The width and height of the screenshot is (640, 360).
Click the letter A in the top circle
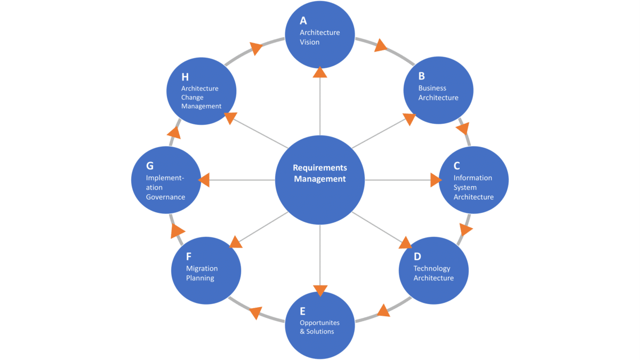click(x=303, y=21)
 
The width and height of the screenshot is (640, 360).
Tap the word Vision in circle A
click(x=309, y=42)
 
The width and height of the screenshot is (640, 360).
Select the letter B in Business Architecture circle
click(x=421, y=76)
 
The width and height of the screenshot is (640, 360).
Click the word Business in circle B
click(x=432, y=88)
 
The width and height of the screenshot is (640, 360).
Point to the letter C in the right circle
click(x=457, y=166)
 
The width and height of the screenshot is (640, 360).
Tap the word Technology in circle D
click(x=431, y=268)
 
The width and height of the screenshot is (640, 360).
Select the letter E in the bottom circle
click(x=302, y=311)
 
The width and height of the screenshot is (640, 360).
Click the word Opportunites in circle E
click(x=319, y=323)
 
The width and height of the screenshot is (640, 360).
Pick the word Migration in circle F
click(x=202, y=268)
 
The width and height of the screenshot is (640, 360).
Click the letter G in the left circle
click(x=150, y=166)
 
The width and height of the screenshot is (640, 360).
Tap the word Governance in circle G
click(x=165, y=197)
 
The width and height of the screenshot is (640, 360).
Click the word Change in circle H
click(x=192, y=98)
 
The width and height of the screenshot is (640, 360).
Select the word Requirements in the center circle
click(x=319, y=167)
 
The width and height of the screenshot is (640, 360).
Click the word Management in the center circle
click(x=319, y=179)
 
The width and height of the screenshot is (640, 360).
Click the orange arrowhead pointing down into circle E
click(x=320, y=291)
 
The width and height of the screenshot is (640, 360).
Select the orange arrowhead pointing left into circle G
click(x=204, y=180)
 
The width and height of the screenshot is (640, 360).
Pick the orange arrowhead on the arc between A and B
click(x=380, y=46)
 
